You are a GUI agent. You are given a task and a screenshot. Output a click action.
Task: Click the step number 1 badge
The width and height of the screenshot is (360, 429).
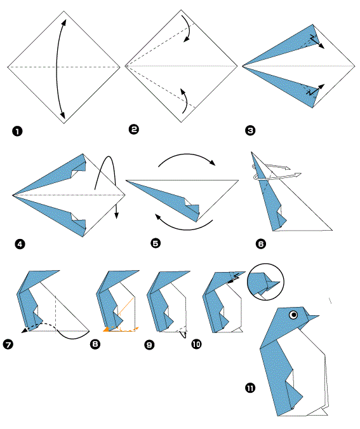coord(17,132)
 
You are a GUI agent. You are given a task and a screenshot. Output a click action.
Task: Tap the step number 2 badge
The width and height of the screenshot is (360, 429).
coord(134,129)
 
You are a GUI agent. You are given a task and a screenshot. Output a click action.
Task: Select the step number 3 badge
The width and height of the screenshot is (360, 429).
coord(250,130)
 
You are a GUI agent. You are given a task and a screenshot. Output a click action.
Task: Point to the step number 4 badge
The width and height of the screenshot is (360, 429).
coord(20,244)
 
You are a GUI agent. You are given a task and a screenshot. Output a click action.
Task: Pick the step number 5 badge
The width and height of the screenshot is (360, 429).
coord(156,243)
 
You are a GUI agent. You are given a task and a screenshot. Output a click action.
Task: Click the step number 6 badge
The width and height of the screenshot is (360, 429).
coord(261,243)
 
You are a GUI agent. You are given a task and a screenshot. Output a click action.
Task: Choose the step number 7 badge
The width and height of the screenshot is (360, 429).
coord(8,344)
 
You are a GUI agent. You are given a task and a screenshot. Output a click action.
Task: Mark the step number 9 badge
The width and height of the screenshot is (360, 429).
coord(149,344)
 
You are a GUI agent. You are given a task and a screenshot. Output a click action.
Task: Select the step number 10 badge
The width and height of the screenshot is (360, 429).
coord(197,344)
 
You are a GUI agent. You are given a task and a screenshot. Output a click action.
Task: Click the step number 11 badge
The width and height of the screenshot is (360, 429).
coord(250,388)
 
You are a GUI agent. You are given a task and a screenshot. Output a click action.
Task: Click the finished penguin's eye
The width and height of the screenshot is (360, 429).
coord(293,315)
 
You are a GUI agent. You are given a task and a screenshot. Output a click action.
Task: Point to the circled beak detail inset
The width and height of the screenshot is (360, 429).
coord(265,282)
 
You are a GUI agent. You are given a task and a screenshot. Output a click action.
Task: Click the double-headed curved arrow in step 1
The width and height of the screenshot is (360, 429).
coord(57,69)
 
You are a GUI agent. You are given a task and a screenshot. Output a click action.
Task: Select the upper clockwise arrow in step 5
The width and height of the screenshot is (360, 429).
coord(187,155)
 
